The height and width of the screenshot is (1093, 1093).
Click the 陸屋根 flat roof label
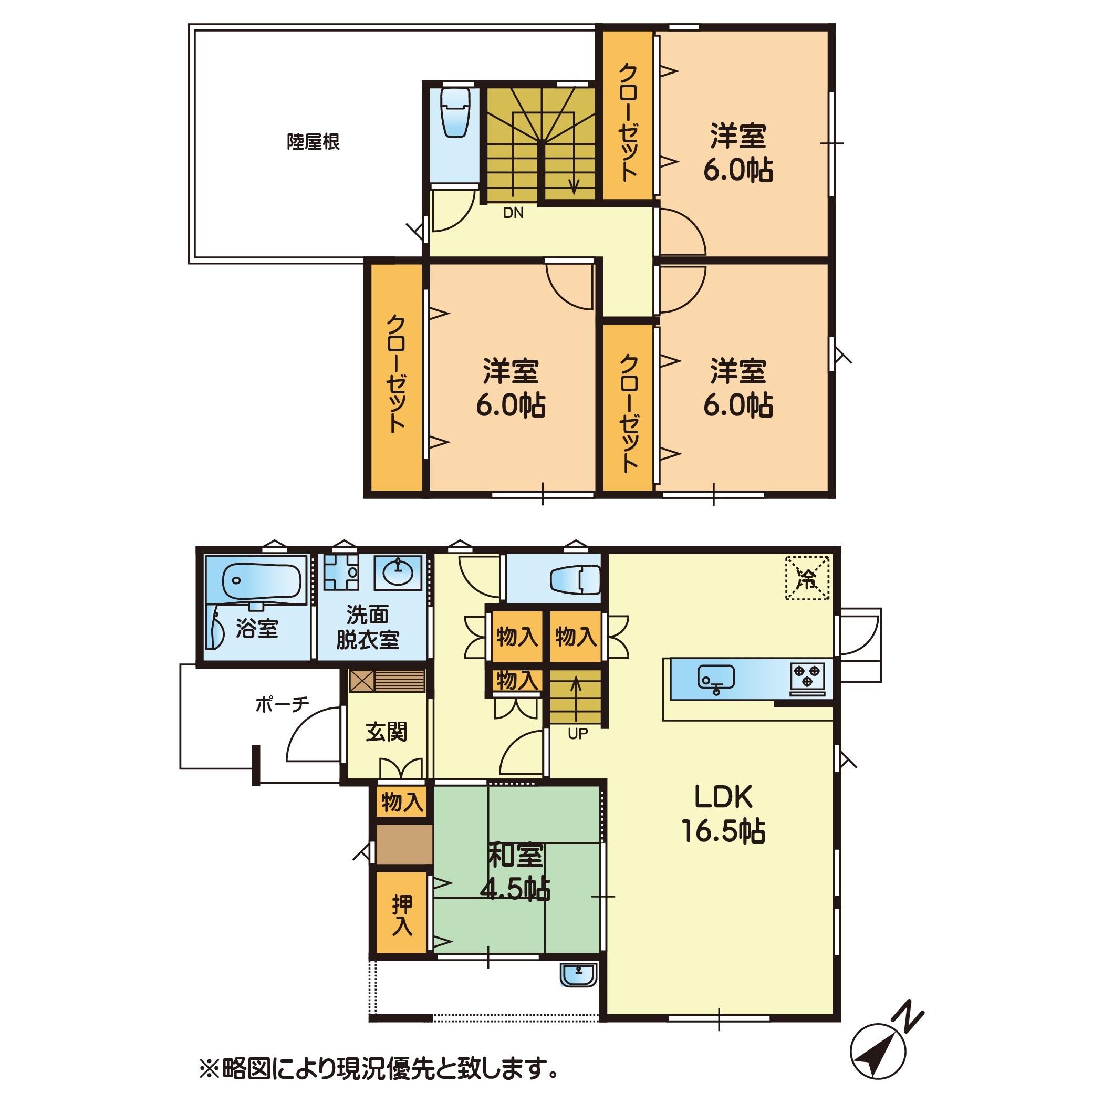pos(313,141)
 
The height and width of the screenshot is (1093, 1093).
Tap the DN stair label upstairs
pos(513,213)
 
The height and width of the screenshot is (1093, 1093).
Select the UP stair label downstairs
pos(578,734)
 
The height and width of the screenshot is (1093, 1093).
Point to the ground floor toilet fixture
pos(575,580)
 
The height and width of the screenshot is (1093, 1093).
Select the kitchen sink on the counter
pos(716,678)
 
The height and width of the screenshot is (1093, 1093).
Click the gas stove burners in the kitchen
pos(807,675)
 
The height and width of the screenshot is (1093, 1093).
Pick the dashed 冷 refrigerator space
pos(807,578)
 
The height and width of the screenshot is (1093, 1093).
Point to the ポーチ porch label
pos(282,704)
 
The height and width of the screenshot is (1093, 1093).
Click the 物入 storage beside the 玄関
pos(402,802)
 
